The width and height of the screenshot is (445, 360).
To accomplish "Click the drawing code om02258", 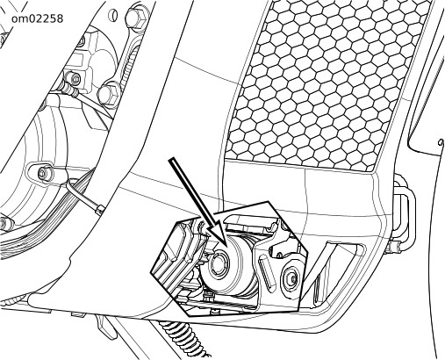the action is [37, 19].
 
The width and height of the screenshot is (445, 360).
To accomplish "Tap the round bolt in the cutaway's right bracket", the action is [291, 277].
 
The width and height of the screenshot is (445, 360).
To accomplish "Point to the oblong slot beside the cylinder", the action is [266, 271].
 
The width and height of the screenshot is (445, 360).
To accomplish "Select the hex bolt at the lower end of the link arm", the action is [108, 93].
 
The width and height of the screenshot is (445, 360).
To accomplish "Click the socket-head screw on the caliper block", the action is [75, 78].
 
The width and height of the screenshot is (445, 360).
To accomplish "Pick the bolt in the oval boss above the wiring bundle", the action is [46, 173].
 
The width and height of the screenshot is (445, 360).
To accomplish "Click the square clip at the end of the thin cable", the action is [99, 209].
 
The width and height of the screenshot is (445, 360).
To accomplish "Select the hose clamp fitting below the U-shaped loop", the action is [393, 247].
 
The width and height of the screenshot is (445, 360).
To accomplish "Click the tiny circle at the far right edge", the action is [441, 142].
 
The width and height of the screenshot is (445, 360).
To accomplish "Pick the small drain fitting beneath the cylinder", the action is [208, 294].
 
